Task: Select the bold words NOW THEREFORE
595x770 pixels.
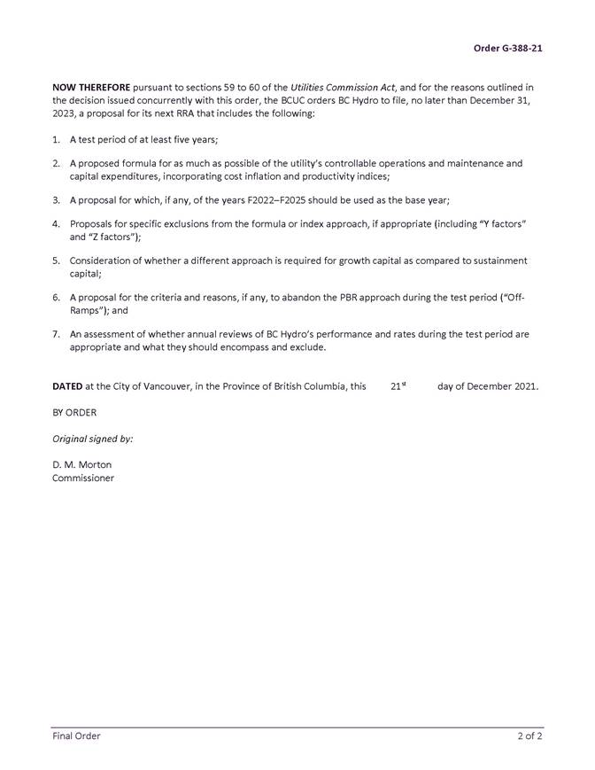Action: pos(91,88)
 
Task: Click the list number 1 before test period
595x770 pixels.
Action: pos(56,140)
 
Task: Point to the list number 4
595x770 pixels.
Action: pos(56,224)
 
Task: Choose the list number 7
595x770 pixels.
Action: pos(56,334)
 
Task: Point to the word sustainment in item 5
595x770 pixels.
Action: pos(500,261)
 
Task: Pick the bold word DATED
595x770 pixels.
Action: pos(67,386)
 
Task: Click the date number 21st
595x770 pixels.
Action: pos(398,386)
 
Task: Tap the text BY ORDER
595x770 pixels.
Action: pos(74,412)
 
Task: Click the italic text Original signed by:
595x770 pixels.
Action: pos(93,439)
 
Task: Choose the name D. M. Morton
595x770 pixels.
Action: pos(81,464)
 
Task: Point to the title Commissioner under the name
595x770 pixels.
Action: pos(83,478)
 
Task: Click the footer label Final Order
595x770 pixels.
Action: pos(76,735)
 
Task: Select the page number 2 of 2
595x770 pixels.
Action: pos(529,735)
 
